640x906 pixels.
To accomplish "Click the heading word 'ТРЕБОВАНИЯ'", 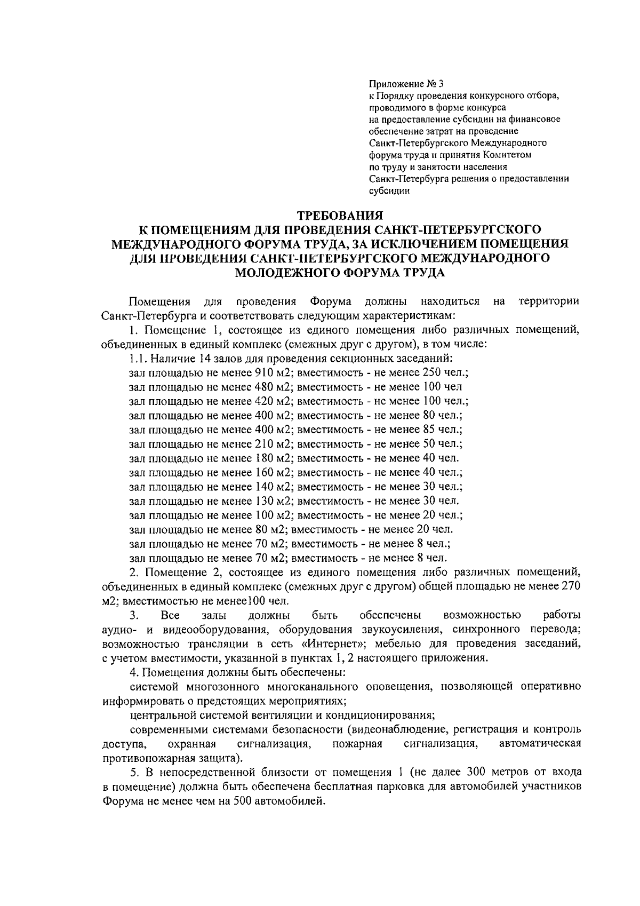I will point(340,216).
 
